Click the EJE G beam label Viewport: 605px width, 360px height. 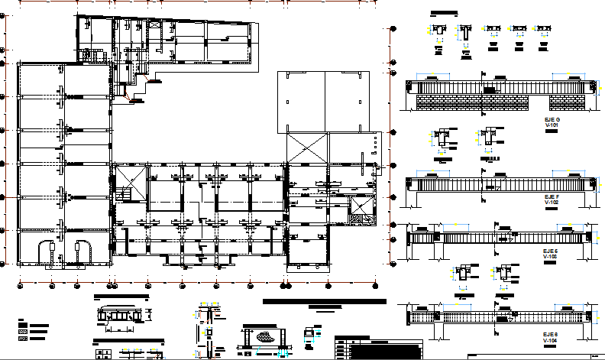[x=552, y=120]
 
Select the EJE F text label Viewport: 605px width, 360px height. [x=552, y=196]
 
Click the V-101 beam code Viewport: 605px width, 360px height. [x=552, y=126]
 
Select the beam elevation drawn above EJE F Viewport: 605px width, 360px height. [x=500, y=184]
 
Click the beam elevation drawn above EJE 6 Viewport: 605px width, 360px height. [x=500, y=316]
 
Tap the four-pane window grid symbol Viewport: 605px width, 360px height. [x=102, y=354]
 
